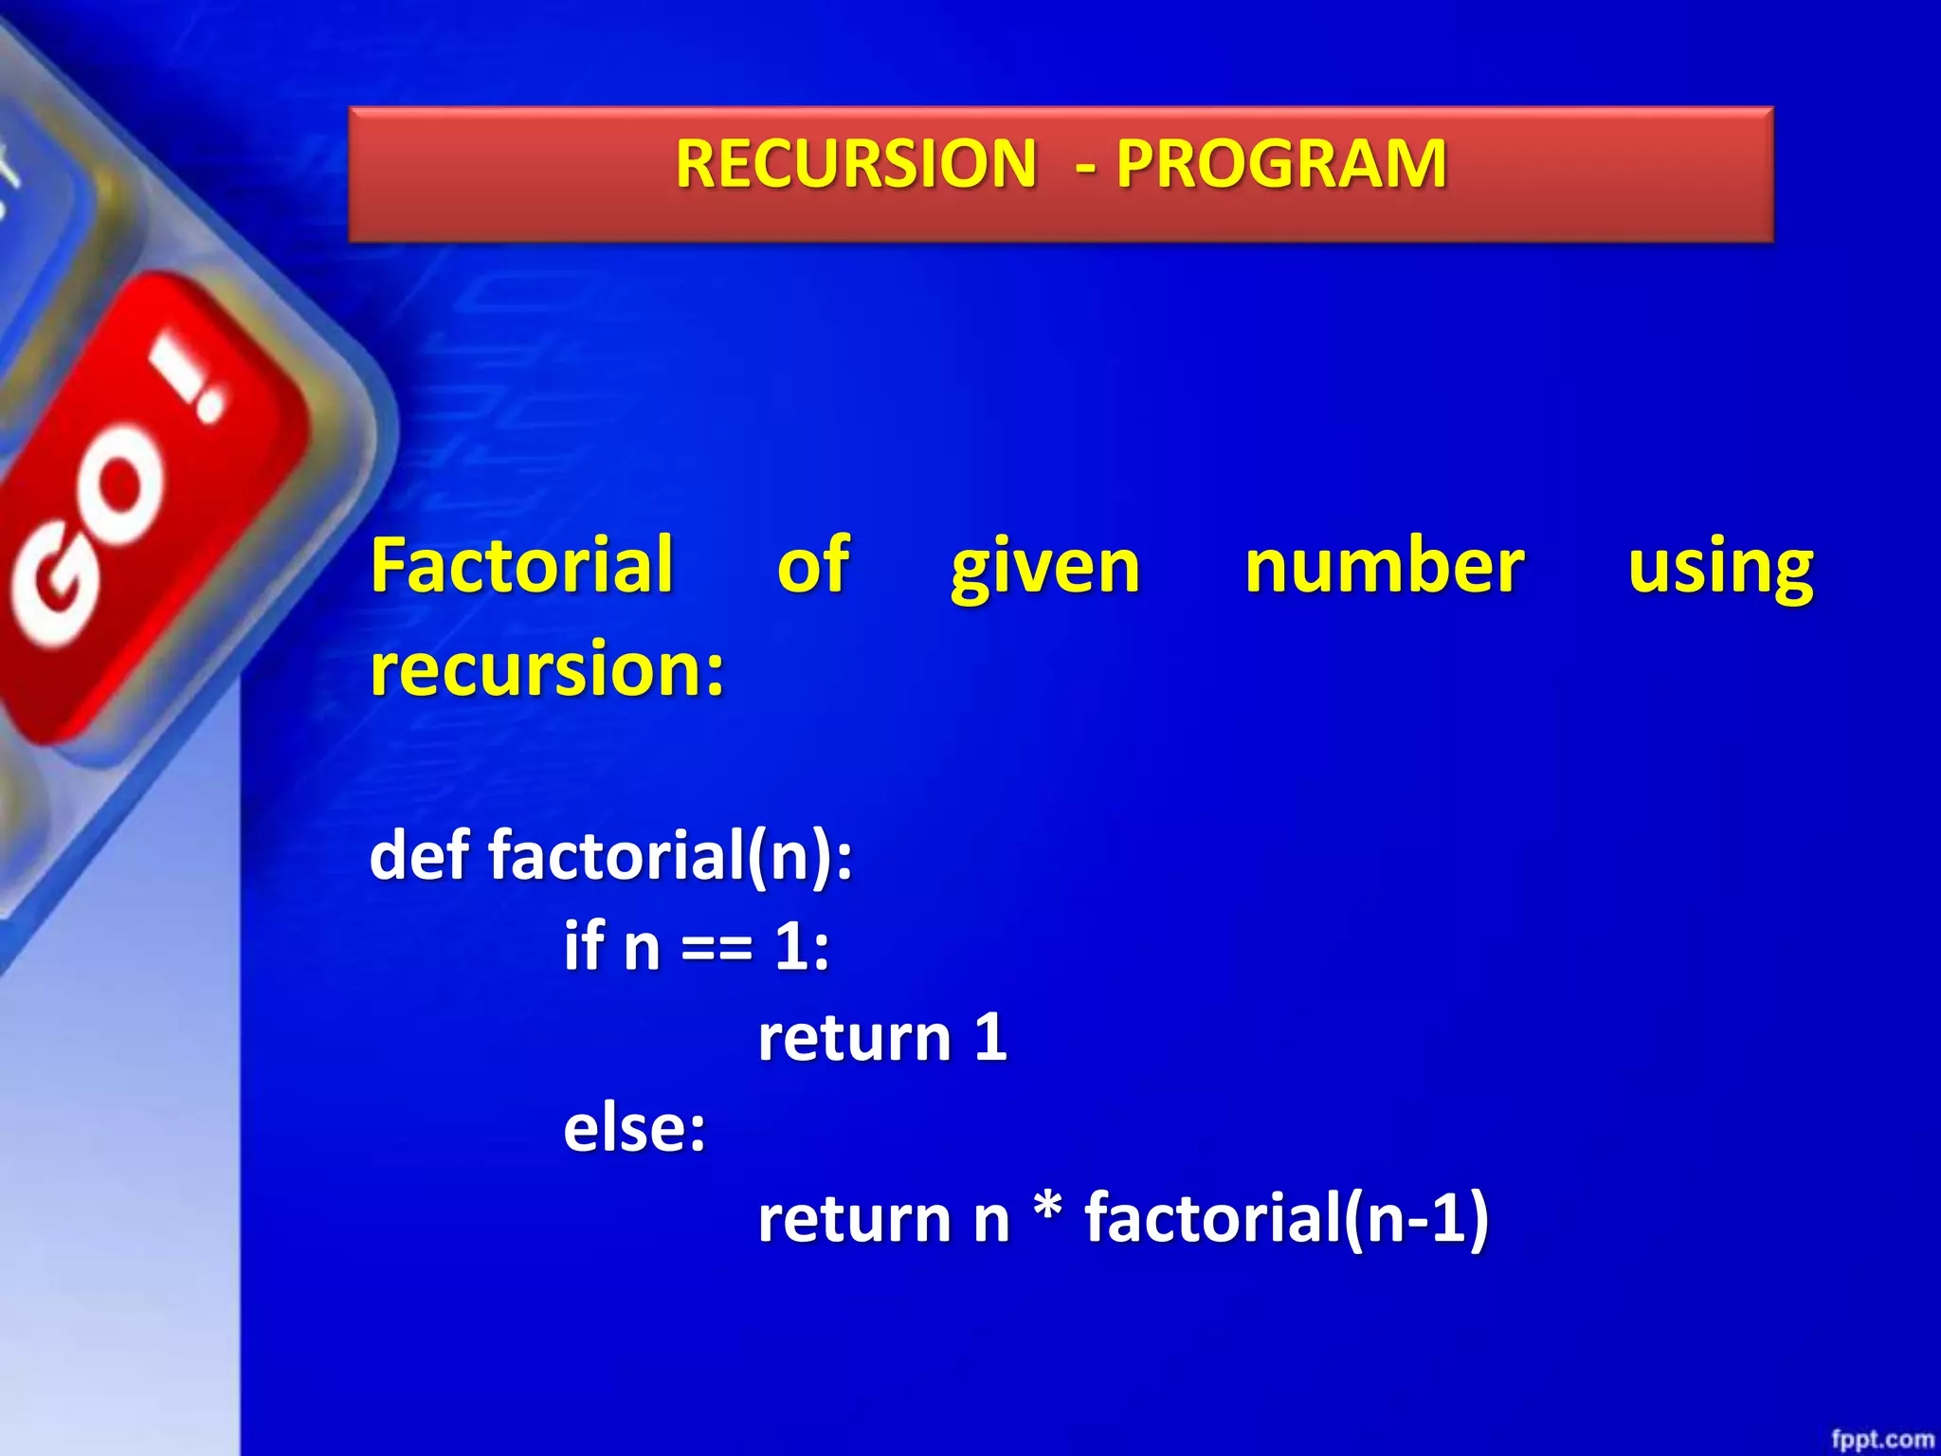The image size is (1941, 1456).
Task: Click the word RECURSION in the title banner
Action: point(856,164)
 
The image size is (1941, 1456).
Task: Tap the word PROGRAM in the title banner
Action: point(1281,164)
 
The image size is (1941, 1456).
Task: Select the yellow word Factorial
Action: point(521,566)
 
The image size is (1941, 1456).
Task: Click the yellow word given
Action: point(1045,569)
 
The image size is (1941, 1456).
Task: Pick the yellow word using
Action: point(1720,569)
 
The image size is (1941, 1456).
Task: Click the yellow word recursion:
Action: point(547,668)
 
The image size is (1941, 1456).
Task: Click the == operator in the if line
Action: point(717,948)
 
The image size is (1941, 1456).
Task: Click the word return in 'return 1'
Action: point(854,1038)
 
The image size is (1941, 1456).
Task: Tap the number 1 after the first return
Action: point(990,1037)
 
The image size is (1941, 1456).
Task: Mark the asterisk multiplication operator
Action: point(1047,1210)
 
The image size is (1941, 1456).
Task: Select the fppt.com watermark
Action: point(1882,1440)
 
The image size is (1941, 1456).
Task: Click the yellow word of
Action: point(812,566)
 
